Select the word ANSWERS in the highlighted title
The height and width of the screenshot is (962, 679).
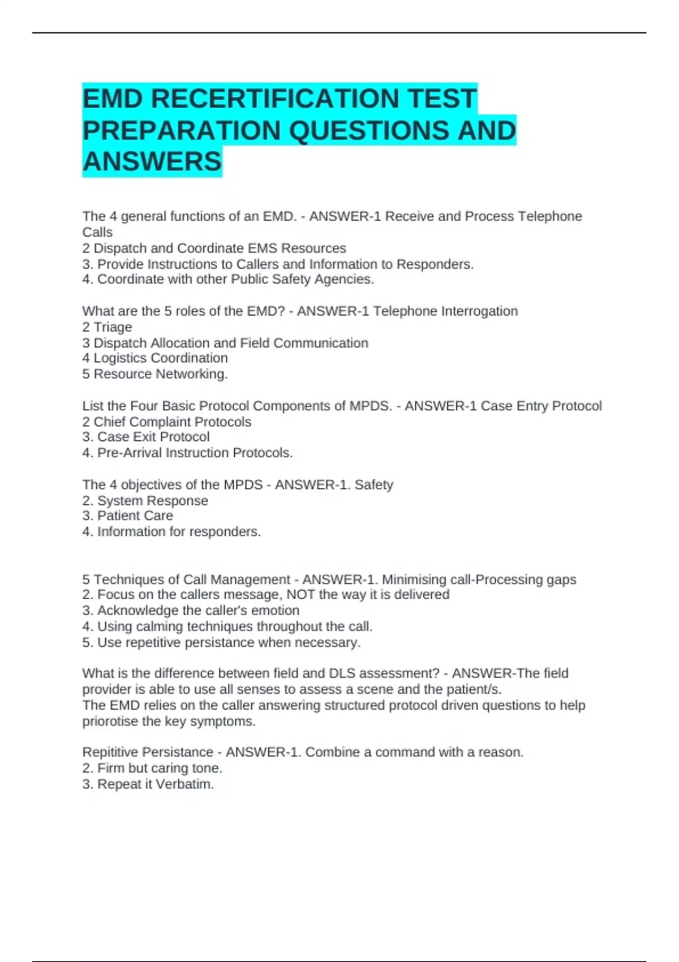click(x=152, y=162)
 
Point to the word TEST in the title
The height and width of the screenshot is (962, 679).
click(x=442, y=98)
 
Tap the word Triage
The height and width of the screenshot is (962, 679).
click(x=113, y=327)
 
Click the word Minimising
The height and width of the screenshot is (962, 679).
click(x=414, y=580)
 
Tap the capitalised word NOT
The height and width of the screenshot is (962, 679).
click(x=300, y=595)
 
